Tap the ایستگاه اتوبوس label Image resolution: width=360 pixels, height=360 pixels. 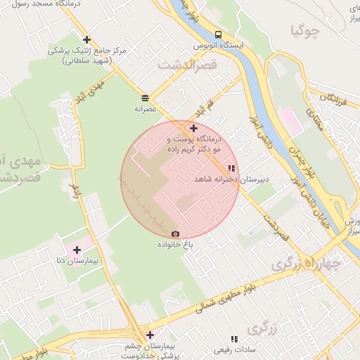[x=223, y=46]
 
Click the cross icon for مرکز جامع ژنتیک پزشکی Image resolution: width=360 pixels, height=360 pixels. [x=86, y=40]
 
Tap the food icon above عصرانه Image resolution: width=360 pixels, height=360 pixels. [x=145, y=98]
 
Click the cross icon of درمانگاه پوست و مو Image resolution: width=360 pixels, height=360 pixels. [x=193, y=128]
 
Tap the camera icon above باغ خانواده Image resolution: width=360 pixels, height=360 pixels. [x=175, y=234]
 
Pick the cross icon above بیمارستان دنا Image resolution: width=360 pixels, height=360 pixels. [x=77, y=250]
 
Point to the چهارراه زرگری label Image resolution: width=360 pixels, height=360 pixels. [x=307, y=264]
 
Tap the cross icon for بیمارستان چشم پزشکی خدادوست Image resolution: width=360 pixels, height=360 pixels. [x=149, y=335]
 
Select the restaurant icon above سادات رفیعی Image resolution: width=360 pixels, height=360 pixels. [x=234, y=339]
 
